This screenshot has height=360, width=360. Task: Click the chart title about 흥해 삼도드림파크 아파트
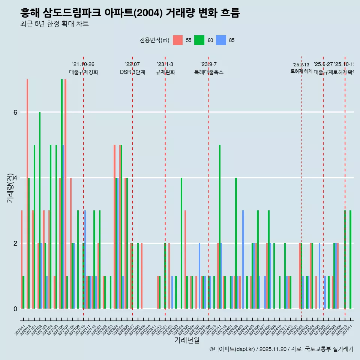pyautogui.click(x=130, y=13)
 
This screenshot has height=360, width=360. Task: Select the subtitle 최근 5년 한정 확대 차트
pyautogui.click(x=54, y=24)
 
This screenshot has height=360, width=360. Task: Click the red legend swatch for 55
pyautogui.click(x=178, y=40)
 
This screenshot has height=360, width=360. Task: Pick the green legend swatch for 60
pyautogui.click(x=199, y=40)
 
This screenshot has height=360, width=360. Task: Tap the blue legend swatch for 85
pyautogui.click(x=221, y=40)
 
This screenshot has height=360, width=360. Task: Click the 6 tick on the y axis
pyautogui.click(x=15, y=112)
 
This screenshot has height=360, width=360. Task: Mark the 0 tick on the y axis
pyautogui.click(x=15, y=309)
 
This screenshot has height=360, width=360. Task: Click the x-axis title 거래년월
pyautogui.click(x=187, y=340)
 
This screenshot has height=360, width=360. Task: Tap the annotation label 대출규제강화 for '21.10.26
pyautogui.click(x=83, y=72)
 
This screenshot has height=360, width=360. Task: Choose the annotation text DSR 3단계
pyautogui.click(x=132, y=72)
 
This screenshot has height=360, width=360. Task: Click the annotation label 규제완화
pyautogui.click(x=165, y=72)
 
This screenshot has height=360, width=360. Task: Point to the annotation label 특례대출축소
pyautogui.click(x=208, y=72)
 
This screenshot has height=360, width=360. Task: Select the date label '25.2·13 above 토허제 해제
pyautogui.click(x=301, y=65)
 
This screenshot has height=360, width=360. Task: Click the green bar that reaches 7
pyautogui.click(x=61, y=194)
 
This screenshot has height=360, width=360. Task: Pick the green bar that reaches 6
pyautogui.click(x=40, y=210)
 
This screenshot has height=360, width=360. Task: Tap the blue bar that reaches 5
pyautogui.click(x=63, y=226)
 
